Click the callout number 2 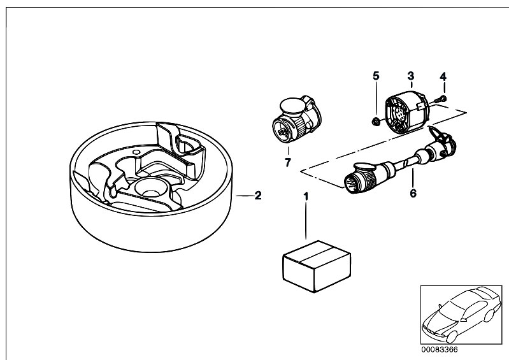click(x=257, y=196)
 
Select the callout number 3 click(x=411, y=76)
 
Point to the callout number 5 click(x=376, y=76)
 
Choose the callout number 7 click(x=287, y=162)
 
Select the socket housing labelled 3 click(x=407, y=113)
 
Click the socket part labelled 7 click(x=295, y=120)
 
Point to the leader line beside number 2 click(x=243, y=196)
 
